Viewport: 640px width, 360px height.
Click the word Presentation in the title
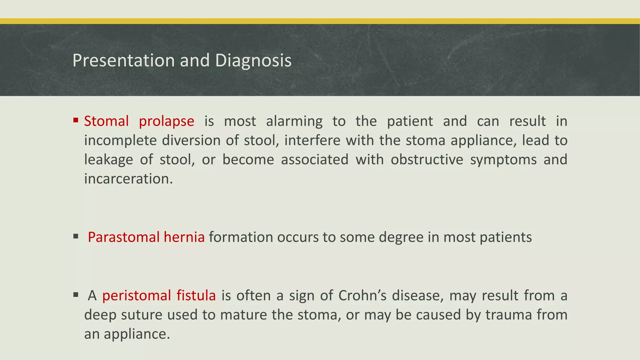124,60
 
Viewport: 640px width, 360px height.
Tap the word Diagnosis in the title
253,60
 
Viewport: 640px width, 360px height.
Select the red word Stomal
106,121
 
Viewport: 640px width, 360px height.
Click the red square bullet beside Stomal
76,120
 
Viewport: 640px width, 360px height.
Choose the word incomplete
120,141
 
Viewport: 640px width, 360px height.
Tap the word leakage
108,160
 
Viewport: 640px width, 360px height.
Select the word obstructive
427,160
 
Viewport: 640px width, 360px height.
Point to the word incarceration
128,179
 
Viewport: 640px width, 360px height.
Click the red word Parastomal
124,237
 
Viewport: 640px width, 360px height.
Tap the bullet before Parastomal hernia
76,236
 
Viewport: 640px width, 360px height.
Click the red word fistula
196,295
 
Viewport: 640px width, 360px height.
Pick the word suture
142,315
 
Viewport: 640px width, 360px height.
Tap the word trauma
508,315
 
